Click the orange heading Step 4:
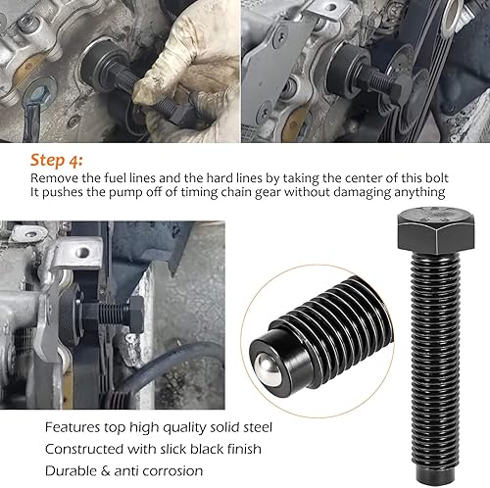click(56, 159)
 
